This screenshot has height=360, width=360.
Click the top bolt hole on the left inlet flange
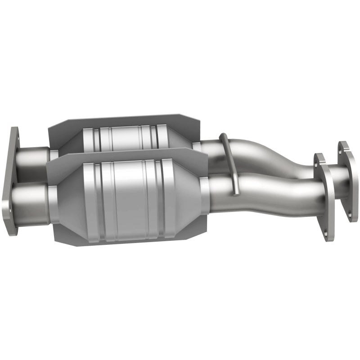[15, 134]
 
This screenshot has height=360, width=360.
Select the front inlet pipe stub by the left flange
[31, 198]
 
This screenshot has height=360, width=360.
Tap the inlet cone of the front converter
[67, 198]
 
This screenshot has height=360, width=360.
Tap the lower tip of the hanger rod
[235, 193]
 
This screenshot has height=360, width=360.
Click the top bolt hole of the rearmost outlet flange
[343, 146]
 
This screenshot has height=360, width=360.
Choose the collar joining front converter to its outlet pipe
[205, 194]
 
